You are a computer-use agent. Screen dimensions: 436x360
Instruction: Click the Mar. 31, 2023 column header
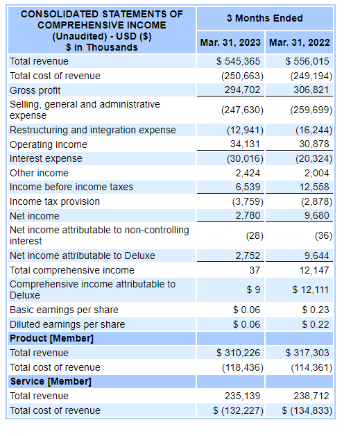tap(230, 42)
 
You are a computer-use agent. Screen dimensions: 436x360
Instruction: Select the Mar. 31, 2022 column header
tap(300, 42)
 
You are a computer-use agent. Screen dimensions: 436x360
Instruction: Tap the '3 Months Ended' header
tap(265, 17)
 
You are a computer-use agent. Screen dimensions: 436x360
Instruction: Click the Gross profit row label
tap(35, 90)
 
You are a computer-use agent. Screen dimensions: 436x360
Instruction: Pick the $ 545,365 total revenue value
tap(239, 61)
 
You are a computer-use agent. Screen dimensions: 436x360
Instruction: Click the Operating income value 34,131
tap(245, 144)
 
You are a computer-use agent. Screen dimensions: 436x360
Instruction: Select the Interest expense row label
tap(46, 158)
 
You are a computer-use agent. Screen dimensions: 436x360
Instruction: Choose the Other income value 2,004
tap(318, 173)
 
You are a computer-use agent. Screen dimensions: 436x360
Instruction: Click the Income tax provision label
tap(55, 201)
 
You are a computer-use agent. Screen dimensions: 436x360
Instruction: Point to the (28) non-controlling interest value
tap(253, 235)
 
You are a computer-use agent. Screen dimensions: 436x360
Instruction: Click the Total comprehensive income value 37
tap(255, 270)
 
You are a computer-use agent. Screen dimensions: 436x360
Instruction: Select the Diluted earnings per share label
tap(67, 324)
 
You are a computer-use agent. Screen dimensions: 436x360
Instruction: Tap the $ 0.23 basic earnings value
tap(316, 310)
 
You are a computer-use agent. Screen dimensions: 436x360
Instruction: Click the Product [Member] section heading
tap(51, 338)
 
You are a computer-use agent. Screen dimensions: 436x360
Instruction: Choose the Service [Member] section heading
tap(51, 381)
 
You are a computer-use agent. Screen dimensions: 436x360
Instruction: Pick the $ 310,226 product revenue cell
tap(239, 353)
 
